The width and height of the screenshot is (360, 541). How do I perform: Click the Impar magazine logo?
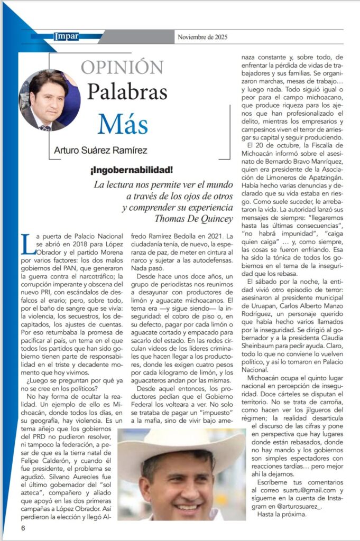(x=66, y=36)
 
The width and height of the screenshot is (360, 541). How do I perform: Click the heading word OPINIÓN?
(x=122, y=67)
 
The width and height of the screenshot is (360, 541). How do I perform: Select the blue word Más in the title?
(x=122, y=124)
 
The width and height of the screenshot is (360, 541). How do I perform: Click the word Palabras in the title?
(x=127, y=92)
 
